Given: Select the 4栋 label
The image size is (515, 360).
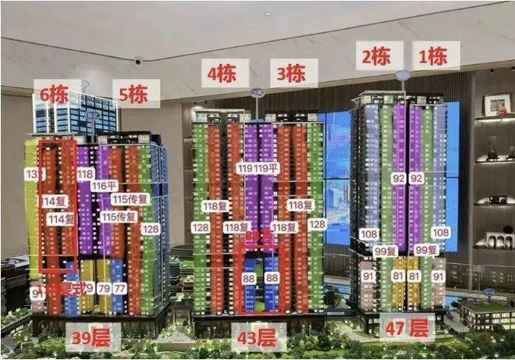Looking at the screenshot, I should (x=222, y=73).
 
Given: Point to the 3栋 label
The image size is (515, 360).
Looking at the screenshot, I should (x=292, y=73).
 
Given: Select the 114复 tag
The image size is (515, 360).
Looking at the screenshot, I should (x=60, y=219).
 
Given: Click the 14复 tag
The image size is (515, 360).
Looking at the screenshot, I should (x=55, y=201).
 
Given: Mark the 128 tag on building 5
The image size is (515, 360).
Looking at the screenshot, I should (x=151, y=229).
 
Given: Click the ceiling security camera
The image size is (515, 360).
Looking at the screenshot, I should (x=138, y=60).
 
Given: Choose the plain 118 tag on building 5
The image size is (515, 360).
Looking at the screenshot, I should (x=85, y=173).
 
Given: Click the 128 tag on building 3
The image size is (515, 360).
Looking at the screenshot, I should (x=317, y=224).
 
